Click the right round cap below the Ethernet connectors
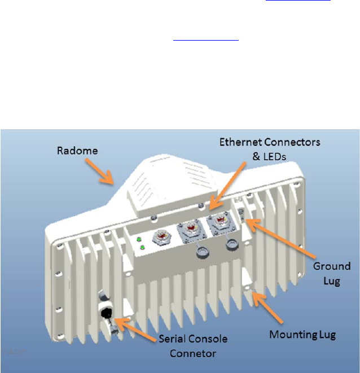click(x=230, y=245)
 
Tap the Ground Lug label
click(x=327, y=273)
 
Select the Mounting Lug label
click(x=302, y=334)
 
